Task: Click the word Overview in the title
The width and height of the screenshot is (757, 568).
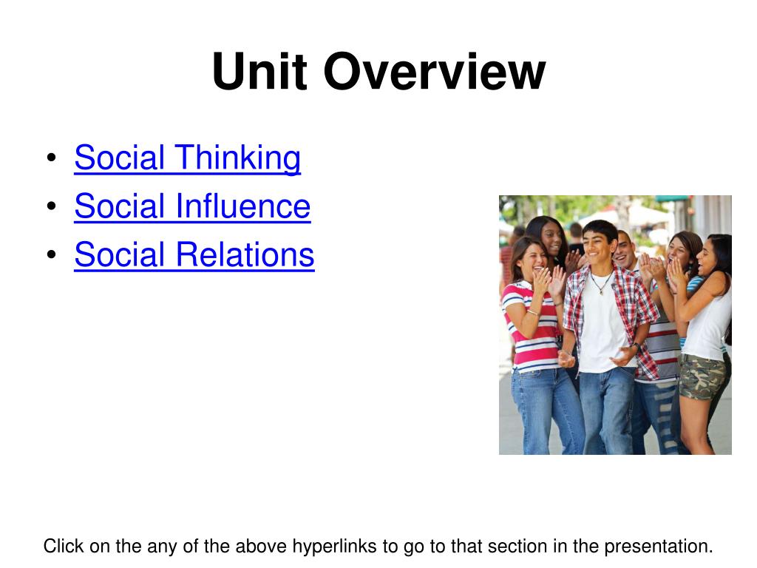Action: click(434, 72)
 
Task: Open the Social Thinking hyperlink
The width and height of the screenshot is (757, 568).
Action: click(187, 158)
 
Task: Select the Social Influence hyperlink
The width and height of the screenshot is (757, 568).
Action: click(192, 206)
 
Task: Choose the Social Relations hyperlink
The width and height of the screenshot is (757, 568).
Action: click(194, 254)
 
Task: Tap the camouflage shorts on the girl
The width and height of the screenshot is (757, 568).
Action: click(702, 375)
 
